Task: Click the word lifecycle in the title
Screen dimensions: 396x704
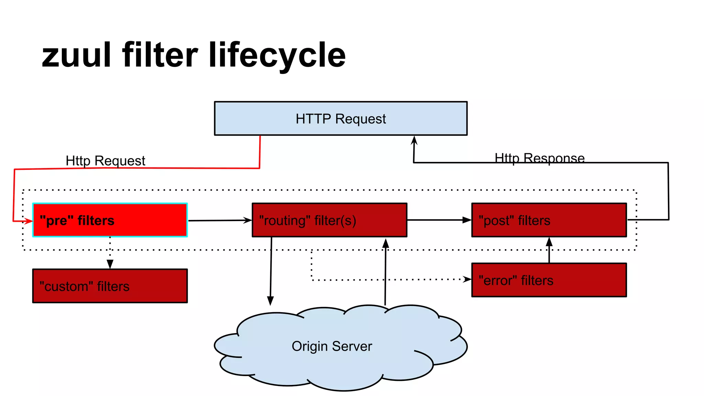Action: (277, 55)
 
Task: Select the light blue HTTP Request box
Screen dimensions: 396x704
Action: (340, 119)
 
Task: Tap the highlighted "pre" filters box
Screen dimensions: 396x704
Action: (110, 220)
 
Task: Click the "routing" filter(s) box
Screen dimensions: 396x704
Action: (329, 220)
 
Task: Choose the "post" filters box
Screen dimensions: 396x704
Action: (549, 220)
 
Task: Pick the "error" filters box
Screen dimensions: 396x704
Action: (549, 280)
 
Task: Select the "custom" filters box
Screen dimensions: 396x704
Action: (110, 286)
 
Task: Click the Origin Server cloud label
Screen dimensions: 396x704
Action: (332, 346)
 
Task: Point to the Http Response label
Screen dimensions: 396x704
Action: (539, 158)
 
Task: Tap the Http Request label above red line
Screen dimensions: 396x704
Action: (105, 161)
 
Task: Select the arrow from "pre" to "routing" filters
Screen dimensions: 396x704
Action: (220, 220)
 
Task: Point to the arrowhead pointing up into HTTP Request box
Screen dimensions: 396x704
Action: (414, 140)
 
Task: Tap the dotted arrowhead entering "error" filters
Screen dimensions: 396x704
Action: (467, 279)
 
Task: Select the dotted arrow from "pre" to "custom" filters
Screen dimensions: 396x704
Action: (110, 253)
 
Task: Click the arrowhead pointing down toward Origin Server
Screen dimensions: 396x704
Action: (271, 301)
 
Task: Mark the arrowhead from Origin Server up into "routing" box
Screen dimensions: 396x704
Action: (386, 243)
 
